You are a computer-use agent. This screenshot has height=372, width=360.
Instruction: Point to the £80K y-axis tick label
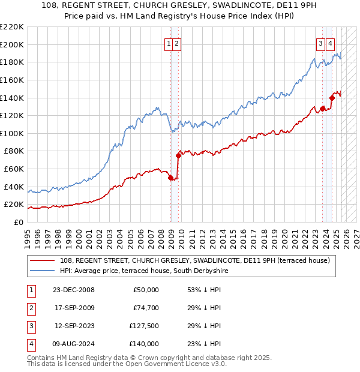[x=14, y=151]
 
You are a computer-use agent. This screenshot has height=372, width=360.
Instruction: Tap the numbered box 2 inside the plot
[x=178, y=43]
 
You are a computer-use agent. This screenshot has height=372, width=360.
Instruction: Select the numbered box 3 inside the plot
[x=321, y=43]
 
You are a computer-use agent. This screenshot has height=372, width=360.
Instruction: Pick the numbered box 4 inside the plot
[x=331, y=43]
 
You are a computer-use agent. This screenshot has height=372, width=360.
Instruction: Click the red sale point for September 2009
[x=178, y=155]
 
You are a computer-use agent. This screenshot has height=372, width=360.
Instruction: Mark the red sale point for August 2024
[x=331, y=98]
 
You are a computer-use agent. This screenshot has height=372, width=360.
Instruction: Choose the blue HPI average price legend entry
[x=144, y=271]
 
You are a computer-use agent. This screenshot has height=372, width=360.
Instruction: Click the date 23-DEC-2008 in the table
[x=74, y=290]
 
